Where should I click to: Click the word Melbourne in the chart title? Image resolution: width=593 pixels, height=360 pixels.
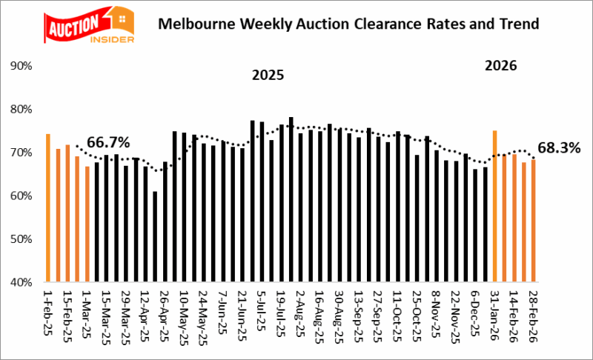(x=193, y=24)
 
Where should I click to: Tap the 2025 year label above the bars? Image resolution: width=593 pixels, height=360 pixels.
(x=268, y=76)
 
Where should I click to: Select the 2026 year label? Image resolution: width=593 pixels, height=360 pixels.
(x=500, y=66)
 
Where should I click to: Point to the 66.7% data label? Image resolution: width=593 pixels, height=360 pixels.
(x=108, y=141)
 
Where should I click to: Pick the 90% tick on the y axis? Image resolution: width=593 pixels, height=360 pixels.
(x=21, y=66)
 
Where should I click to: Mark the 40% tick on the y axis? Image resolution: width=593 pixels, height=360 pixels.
(x=21, y=282)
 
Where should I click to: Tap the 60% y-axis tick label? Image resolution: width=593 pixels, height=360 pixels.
(x=21, y=196)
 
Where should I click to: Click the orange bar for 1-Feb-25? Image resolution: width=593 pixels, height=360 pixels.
(x=48, y=208)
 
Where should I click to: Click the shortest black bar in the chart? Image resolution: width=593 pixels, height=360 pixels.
(x=155, y=236)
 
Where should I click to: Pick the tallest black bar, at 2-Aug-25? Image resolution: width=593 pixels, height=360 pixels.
(x=291, y=199)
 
